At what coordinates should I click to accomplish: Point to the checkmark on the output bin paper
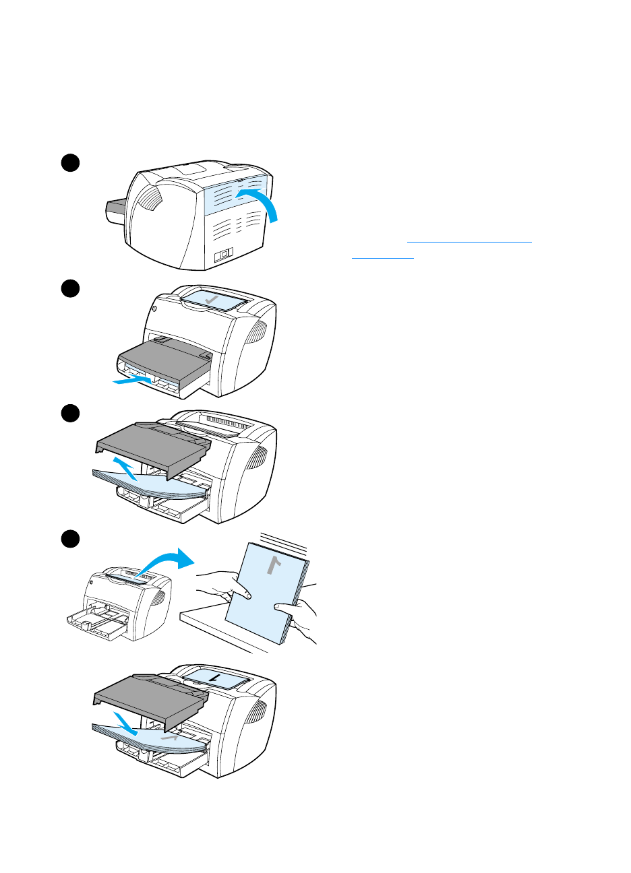coord(212,298)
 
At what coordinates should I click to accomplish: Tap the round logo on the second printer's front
coord(154,309)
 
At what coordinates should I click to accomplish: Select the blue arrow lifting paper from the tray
coord(125,467)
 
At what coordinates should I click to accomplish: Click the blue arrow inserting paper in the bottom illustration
coord(125,723)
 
